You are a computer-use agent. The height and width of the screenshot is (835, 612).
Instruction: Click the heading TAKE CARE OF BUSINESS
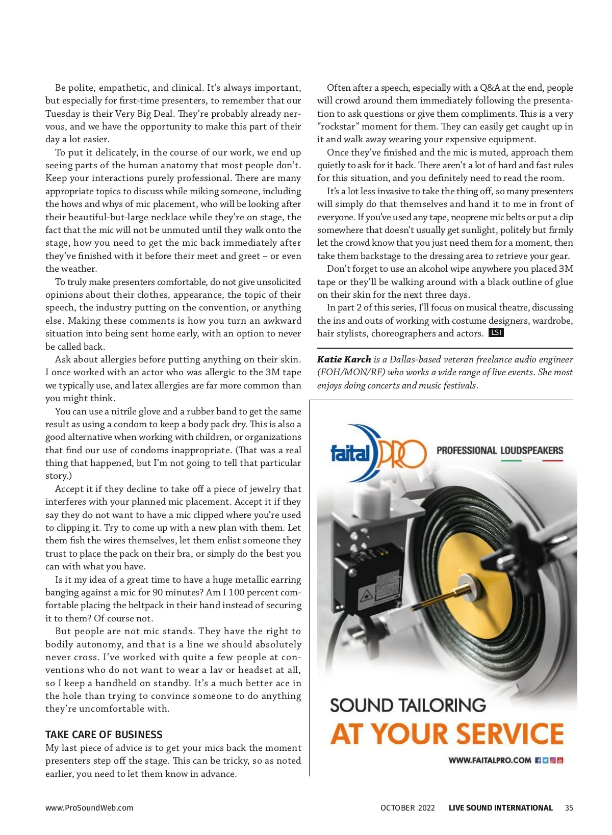(x=104, y=735)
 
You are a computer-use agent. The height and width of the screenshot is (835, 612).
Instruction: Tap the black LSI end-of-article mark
(x=496, y=333)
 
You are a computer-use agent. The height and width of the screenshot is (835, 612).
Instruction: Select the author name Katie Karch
(x=344, y=359)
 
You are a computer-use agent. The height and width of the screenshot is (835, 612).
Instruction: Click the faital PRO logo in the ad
(x=377, y=453)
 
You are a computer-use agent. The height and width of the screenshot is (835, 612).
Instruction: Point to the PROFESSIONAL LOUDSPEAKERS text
(x=499, y=451)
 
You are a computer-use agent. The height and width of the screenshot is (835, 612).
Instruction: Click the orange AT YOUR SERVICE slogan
(x=447, y=734)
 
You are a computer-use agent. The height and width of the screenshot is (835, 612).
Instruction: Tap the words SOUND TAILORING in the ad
(x=407, y=706)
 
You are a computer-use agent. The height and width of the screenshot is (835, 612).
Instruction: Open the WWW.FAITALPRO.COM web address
(x=490, y=761)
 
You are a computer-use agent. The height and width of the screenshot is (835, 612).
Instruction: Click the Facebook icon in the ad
(x=538, y=761)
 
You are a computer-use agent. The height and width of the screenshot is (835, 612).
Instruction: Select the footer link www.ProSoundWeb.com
(x=89, y=808)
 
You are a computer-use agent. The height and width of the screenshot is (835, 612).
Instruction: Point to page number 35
(x=569, y=808)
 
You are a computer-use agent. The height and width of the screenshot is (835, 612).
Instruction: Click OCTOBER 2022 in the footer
(x=407, y=808)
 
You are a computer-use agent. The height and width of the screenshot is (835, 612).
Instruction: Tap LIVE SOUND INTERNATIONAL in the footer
(x=500, y=808)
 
